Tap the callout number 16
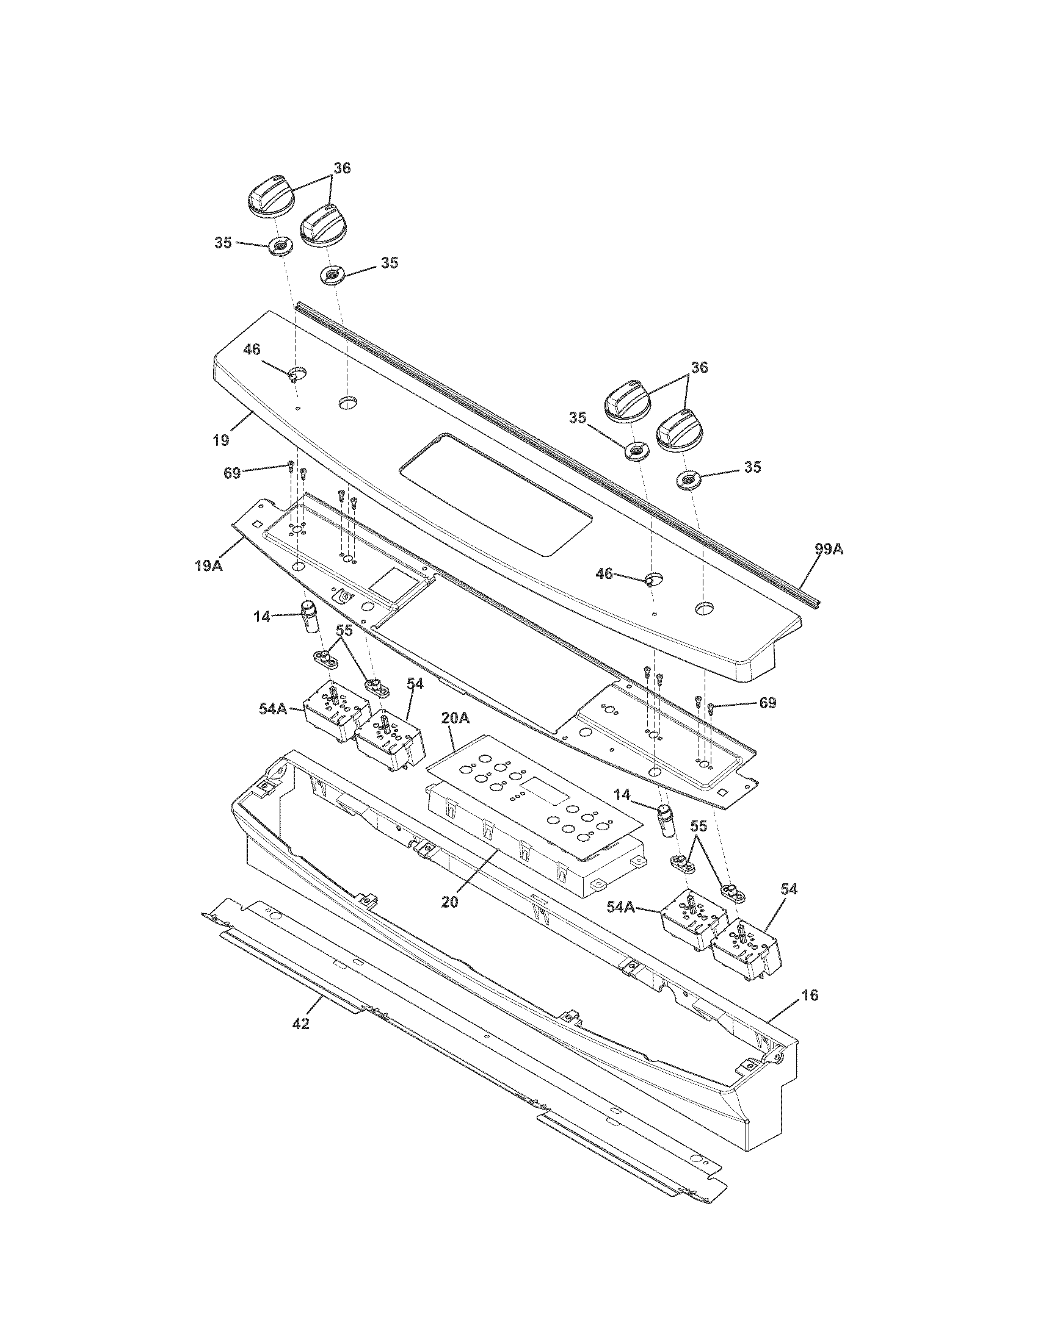coord(810,995)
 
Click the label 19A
coord(208,565)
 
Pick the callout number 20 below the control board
coord(449,903)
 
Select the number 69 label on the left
coord(232,474)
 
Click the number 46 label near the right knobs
coord(604,573)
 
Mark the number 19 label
coord(222,440)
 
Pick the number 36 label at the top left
coord(342,168)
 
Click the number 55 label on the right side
coord(698,827)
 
